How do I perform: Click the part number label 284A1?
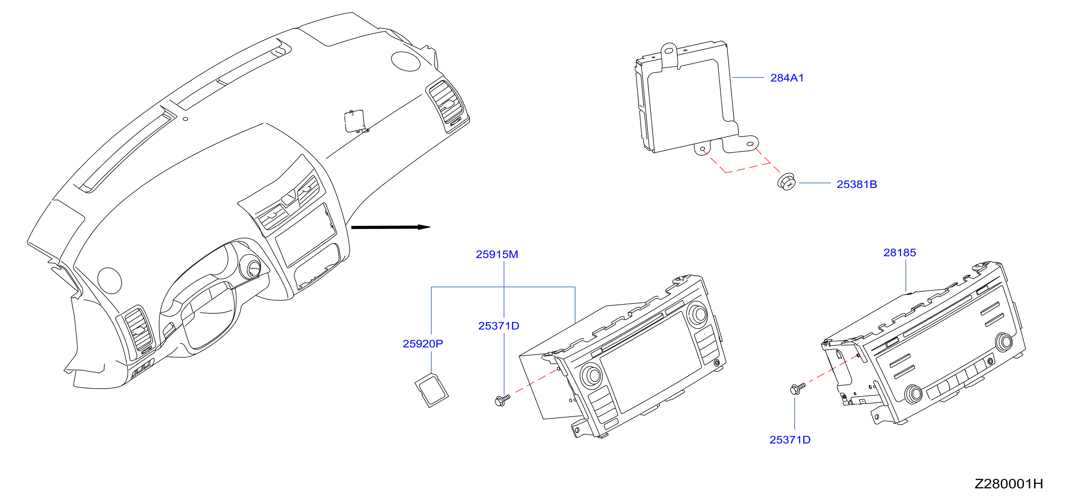(787, 78)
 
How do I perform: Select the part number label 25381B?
(857, 184)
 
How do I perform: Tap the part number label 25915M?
(497, 254)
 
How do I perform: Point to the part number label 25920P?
(423, 344)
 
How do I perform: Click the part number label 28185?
(900, 253)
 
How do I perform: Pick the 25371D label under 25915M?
(499, 326)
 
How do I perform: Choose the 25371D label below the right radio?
(790, 440)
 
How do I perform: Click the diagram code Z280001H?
(1009, 484)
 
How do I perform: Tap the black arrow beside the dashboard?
(390, 227)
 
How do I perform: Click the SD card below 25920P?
(432, 390)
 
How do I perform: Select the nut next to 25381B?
(786, 182)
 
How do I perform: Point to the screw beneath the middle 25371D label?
(502, 400)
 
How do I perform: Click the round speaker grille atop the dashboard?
(405, 61)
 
